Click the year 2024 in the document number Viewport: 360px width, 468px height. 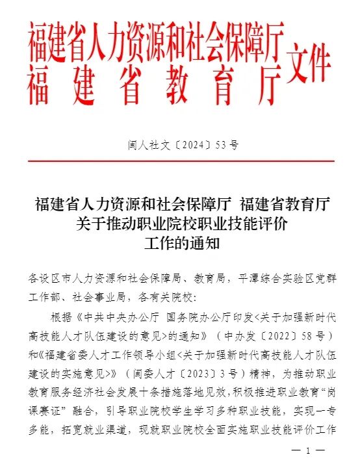(x=189, y=144)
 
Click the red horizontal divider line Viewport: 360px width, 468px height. (x=181, y=161)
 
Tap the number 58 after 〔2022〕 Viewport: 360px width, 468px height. (x=313, y=336)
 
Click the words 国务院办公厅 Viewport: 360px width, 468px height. (x=196, y=317)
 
